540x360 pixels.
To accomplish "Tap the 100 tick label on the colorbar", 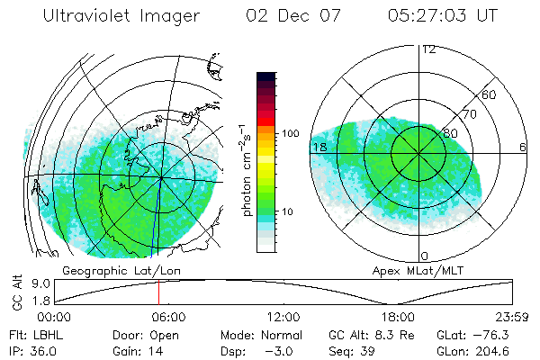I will click(x=290, y=133).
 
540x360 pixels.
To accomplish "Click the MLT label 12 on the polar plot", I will click(x=428, y=49).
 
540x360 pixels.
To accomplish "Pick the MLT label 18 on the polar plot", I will click(x=319, y=147).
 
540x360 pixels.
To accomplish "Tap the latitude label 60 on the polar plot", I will click(x=490, y=94).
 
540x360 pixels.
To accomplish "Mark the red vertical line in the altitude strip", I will click(x=158, y=292).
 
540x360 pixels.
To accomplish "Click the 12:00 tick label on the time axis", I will click(x=283, y=317).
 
